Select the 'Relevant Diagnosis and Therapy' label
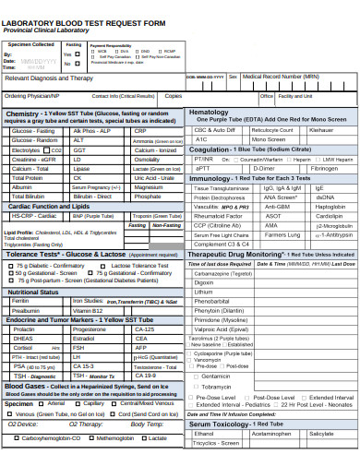49,78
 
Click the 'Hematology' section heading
209,112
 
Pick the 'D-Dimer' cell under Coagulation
264,169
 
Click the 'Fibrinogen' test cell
324,169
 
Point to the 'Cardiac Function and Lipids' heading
48,207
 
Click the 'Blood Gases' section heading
26,385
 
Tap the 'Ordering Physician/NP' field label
32,95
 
